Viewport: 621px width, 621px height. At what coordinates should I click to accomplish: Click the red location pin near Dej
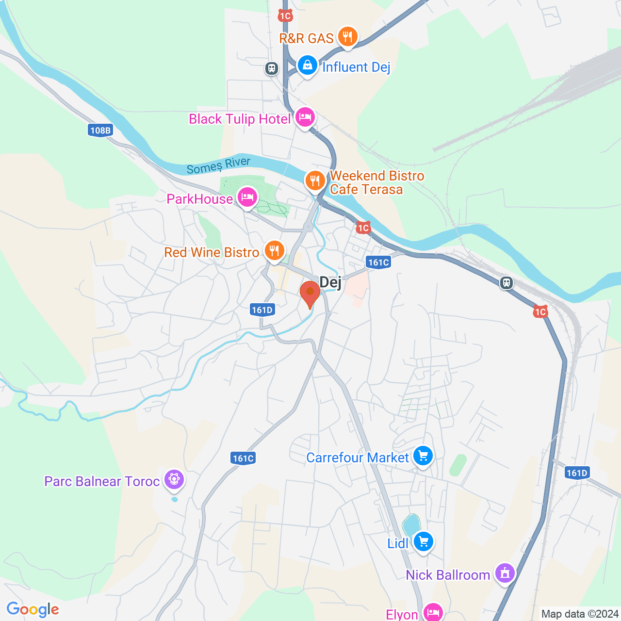pos(310,293)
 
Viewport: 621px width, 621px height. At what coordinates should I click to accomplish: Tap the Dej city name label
pos(330,282)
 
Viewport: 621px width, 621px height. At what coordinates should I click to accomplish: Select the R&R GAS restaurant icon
pos(347,36)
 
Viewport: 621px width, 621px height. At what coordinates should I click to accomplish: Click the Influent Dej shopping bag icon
pos(307,65)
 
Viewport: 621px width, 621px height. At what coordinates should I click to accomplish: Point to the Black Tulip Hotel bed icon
pos(305,117)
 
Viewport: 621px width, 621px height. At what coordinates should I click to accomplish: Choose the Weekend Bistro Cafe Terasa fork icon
pos(315,181)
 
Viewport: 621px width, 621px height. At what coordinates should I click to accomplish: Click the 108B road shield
pos(100,130)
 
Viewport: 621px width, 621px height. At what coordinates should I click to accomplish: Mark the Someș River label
pos(219,165)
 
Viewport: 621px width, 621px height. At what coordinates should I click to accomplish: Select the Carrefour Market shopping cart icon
pos(423,456)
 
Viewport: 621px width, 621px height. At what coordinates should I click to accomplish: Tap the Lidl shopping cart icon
pos(424,541)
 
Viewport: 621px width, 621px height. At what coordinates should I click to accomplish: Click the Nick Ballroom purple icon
pos(505,573)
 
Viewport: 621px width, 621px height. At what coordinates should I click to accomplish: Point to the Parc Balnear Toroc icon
pos(174,480)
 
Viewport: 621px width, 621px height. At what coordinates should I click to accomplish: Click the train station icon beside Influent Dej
pos(272,68)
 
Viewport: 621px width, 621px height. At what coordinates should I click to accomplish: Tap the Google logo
pos(33,609)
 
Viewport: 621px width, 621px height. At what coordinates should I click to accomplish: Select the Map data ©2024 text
pos(580,614)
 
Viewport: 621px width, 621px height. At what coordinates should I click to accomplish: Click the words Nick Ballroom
pos(448,575)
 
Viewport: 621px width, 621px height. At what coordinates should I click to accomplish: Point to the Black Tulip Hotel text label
pos(240,119)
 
